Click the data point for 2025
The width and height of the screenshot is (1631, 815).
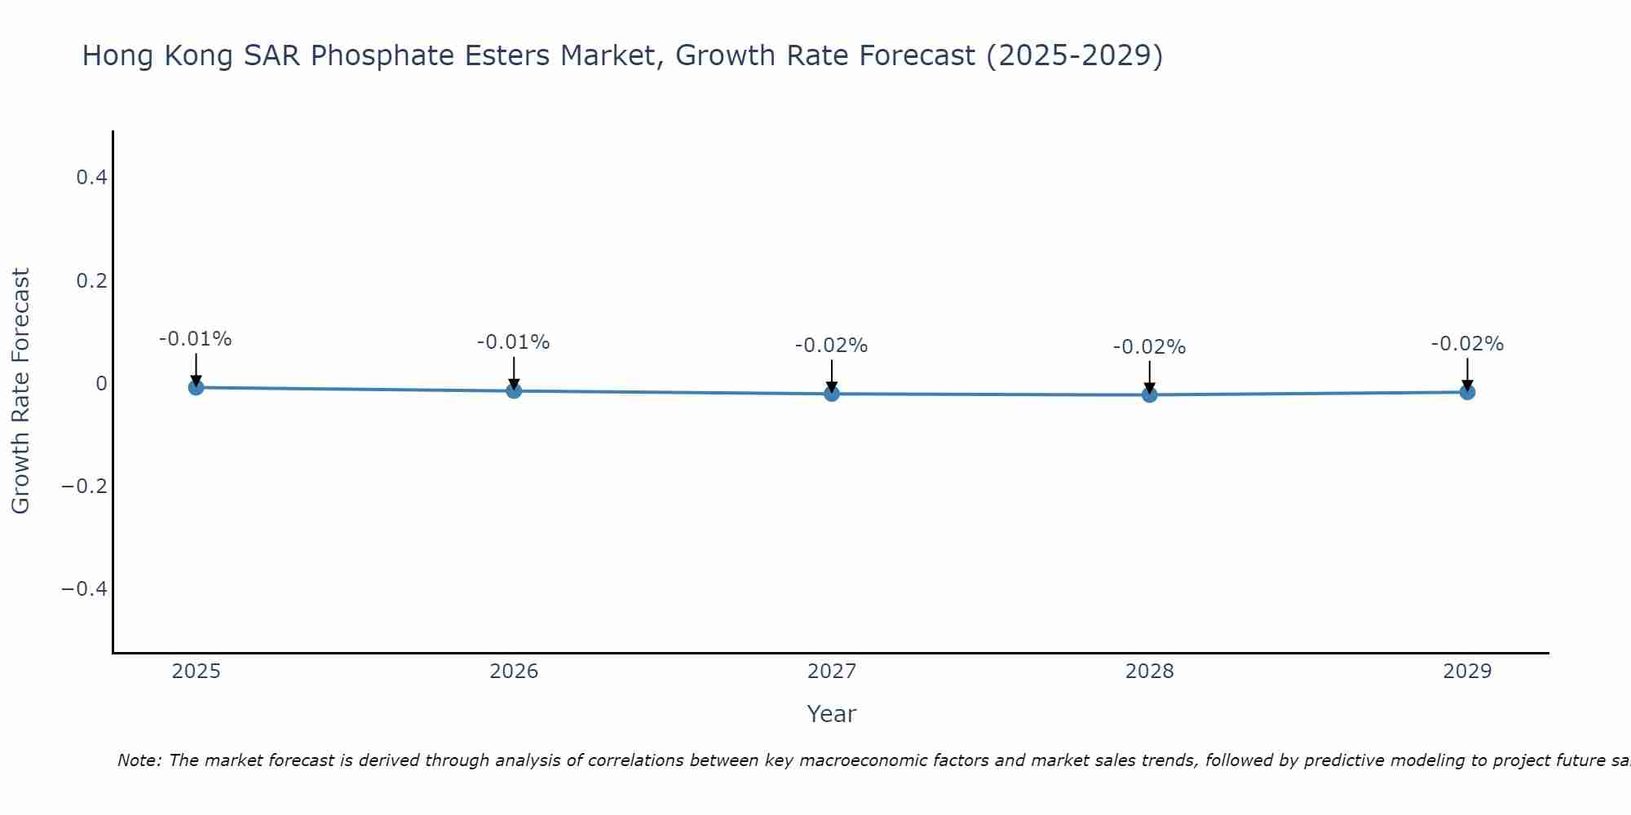point(196,387)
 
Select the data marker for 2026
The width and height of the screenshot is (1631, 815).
point(514,390)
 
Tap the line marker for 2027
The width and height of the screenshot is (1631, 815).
point(832,394)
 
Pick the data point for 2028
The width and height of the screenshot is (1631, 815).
point(1149,394)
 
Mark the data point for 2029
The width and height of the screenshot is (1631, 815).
point(1467,392)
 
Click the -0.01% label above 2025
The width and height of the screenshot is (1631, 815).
point(195,339)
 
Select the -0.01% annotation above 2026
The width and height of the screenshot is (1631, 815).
point(513,342)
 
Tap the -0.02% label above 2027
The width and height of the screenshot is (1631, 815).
point(831,346)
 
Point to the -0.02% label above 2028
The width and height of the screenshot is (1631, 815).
point(1149,347)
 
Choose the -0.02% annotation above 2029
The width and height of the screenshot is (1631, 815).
point(1467,344)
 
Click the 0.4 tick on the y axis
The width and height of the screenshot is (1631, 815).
point(91,177)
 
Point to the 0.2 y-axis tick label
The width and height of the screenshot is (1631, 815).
point(91,280)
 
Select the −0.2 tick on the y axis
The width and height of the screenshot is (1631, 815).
point(84,486)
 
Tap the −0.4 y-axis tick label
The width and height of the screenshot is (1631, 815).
point(84,588)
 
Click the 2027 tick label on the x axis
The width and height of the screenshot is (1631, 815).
point(831,672)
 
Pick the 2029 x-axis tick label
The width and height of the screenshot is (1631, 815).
point(1467,672)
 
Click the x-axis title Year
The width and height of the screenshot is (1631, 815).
point(831,714)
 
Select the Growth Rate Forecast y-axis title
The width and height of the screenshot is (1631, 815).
point(20,390)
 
